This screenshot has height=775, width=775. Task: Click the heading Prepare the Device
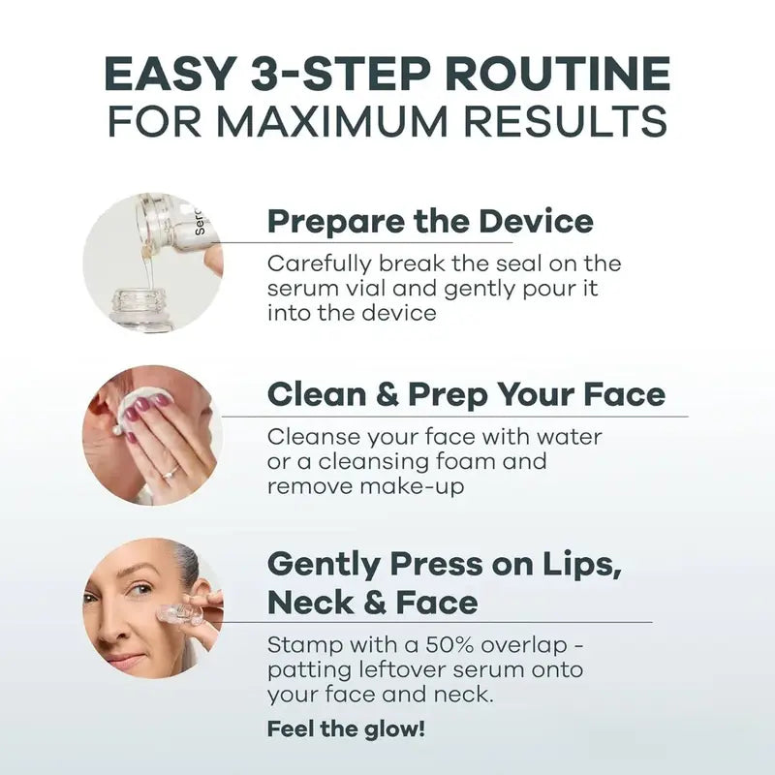coord(429,221)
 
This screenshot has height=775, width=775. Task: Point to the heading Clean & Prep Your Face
coord(466,394)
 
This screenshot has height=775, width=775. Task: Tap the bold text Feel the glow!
coord(346,728)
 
